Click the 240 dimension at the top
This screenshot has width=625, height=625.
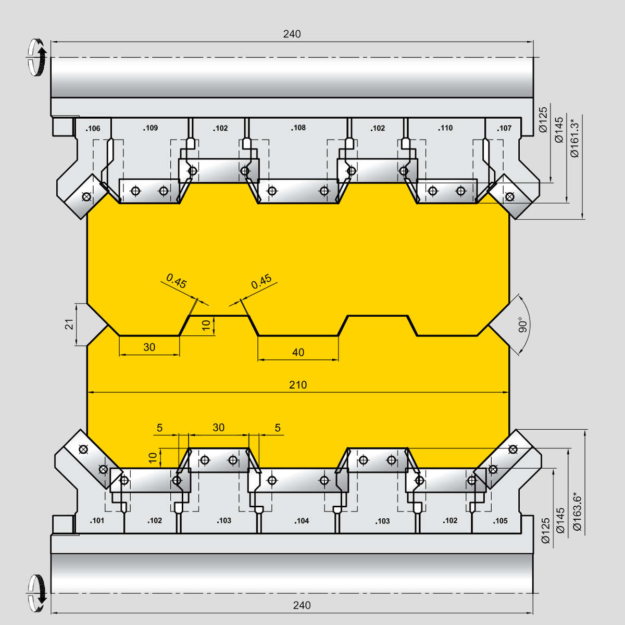point(292,34)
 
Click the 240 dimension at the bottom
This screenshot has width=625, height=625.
point(302,605)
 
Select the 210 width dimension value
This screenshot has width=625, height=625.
point(298,385)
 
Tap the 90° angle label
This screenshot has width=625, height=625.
point(523,324)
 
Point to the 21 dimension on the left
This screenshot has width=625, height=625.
point(70,324)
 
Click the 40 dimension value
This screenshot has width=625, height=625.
point(298,352)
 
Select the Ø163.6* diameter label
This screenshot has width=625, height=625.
point(577,513)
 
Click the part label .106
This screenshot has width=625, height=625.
point(93,129)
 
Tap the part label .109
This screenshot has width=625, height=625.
point(151,128)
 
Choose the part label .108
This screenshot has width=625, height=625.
point(298,128)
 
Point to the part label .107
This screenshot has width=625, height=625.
point(504,129)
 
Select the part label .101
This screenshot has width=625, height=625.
point(97,520)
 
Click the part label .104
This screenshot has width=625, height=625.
point(302,521)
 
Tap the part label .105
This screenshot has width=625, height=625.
point(500,521)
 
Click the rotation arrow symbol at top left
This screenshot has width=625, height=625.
point(36,57)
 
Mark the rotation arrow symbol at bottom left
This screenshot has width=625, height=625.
point(36,593)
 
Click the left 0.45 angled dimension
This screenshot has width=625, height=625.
point(177,281)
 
